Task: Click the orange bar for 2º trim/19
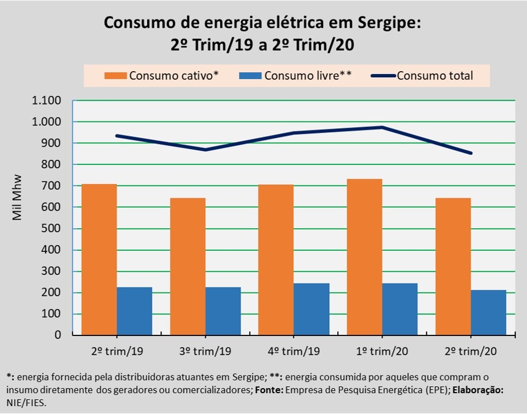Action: click(99, 260)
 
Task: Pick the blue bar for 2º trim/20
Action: click(488, 313)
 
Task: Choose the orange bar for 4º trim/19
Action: click(276, 260)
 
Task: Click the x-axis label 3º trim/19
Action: click(205, 351)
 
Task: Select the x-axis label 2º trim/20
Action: click(471, 351)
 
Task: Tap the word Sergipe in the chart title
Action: click(388, 23)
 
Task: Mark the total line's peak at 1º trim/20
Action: click(382, 127)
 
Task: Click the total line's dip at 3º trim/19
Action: click(205, 150)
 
